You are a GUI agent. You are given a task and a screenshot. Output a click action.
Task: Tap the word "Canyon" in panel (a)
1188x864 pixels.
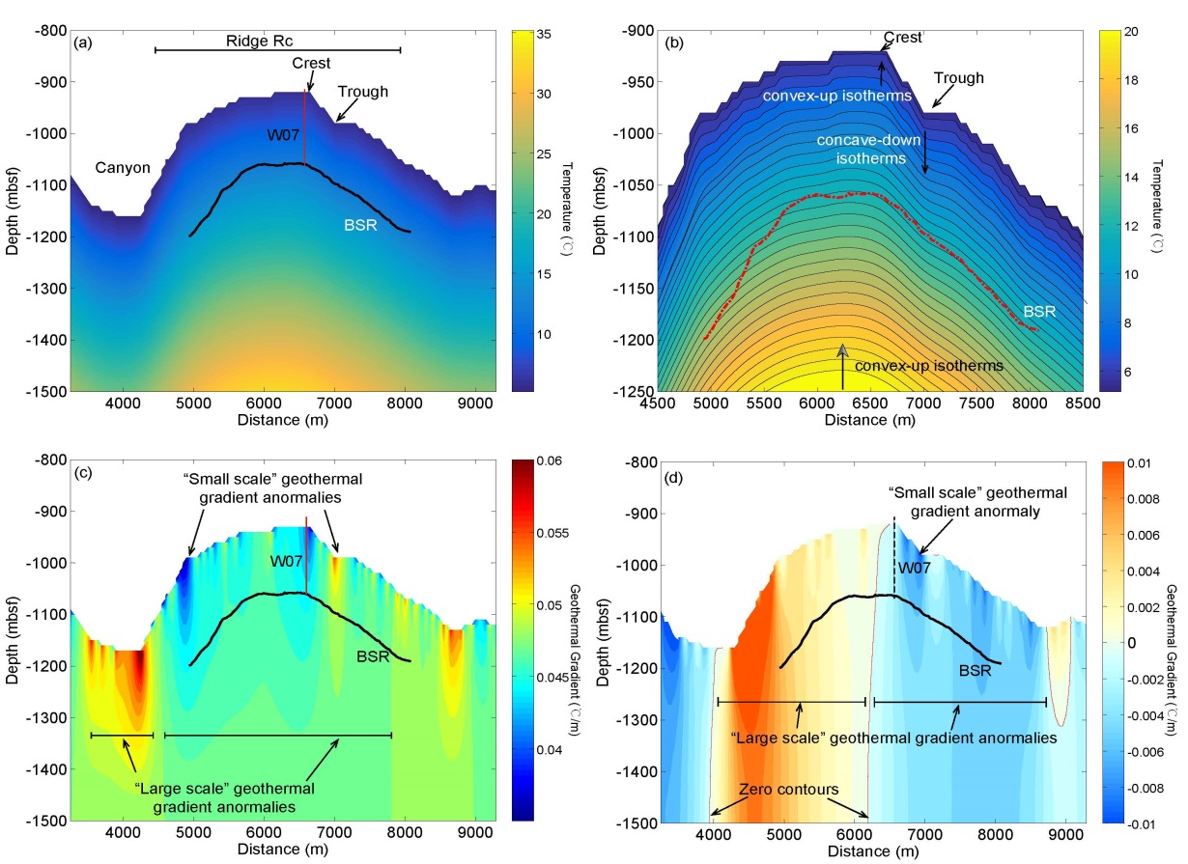coord(123,168)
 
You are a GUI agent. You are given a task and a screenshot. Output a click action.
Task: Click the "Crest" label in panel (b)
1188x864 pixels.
coord(902,38)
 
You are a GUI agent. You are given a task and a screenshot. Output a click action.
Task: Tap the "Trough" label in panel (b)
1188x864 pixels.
coord(959,78)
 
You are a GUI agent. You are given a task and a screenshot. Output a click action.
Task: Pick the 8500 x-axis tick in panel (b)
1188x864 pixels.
coord(1082,404)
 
